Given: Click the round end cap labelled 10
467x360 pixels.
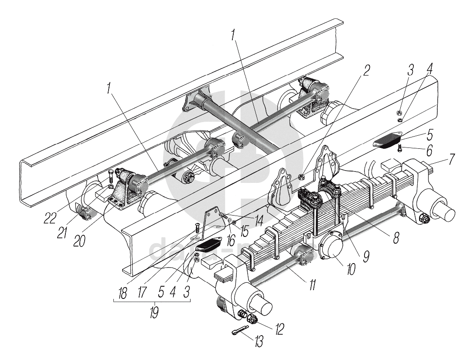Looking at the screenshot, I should [x=333, y=250].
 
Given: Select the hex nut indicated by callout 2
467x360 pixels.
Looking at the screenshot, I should [x=301, y=177].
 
